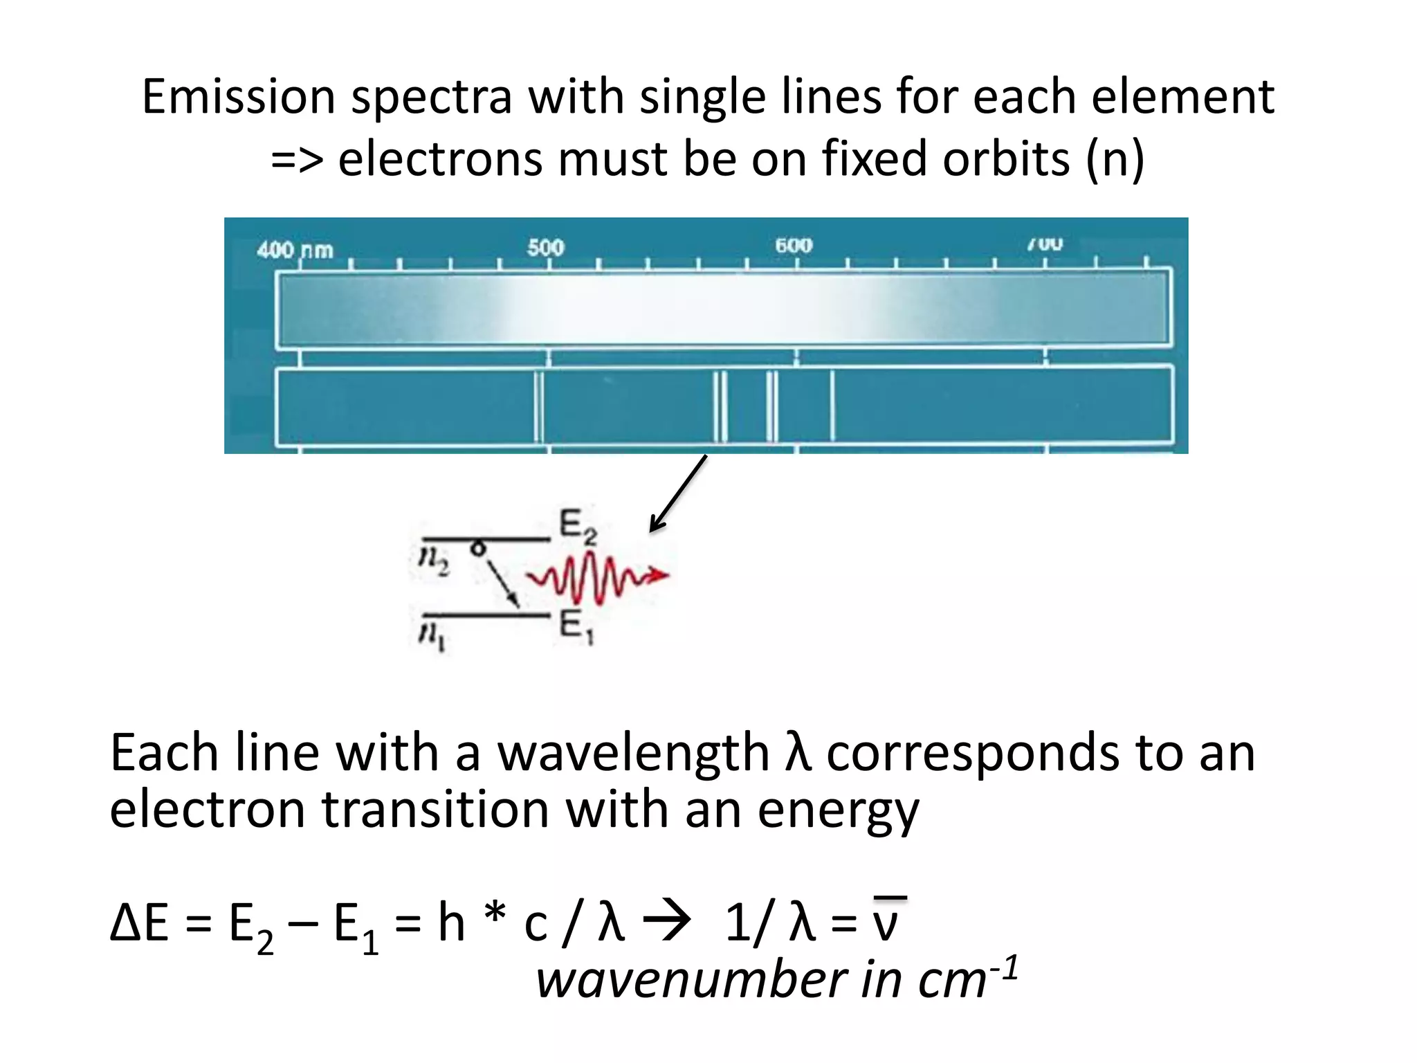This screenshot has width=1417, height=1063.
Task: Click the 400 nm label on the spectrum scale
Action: coord(295,249)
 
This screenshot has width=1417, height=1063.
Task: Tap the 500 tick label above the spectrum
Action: coord(546,247)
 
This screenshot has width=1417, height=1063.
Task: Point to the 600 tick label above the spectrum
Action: coord(794,245)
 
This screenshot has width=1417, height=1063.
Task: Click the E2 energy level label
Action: coord(577,527)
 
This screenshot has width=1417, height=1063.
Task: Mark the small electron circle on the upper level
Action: coord(477,549)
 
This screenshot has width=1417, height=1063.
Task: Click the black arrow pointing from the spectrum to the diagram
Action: coord(678,494)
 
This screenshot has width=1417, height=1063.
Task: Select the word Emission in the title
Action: coord(238,96)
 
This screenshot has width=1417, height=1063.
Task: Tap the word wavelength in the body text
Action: coord(634,752)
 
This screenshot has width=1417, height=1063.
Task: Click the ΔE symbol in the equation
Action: coord(139,923)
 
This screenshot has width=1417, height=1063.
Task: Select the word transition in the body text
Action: coord(436,810)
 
